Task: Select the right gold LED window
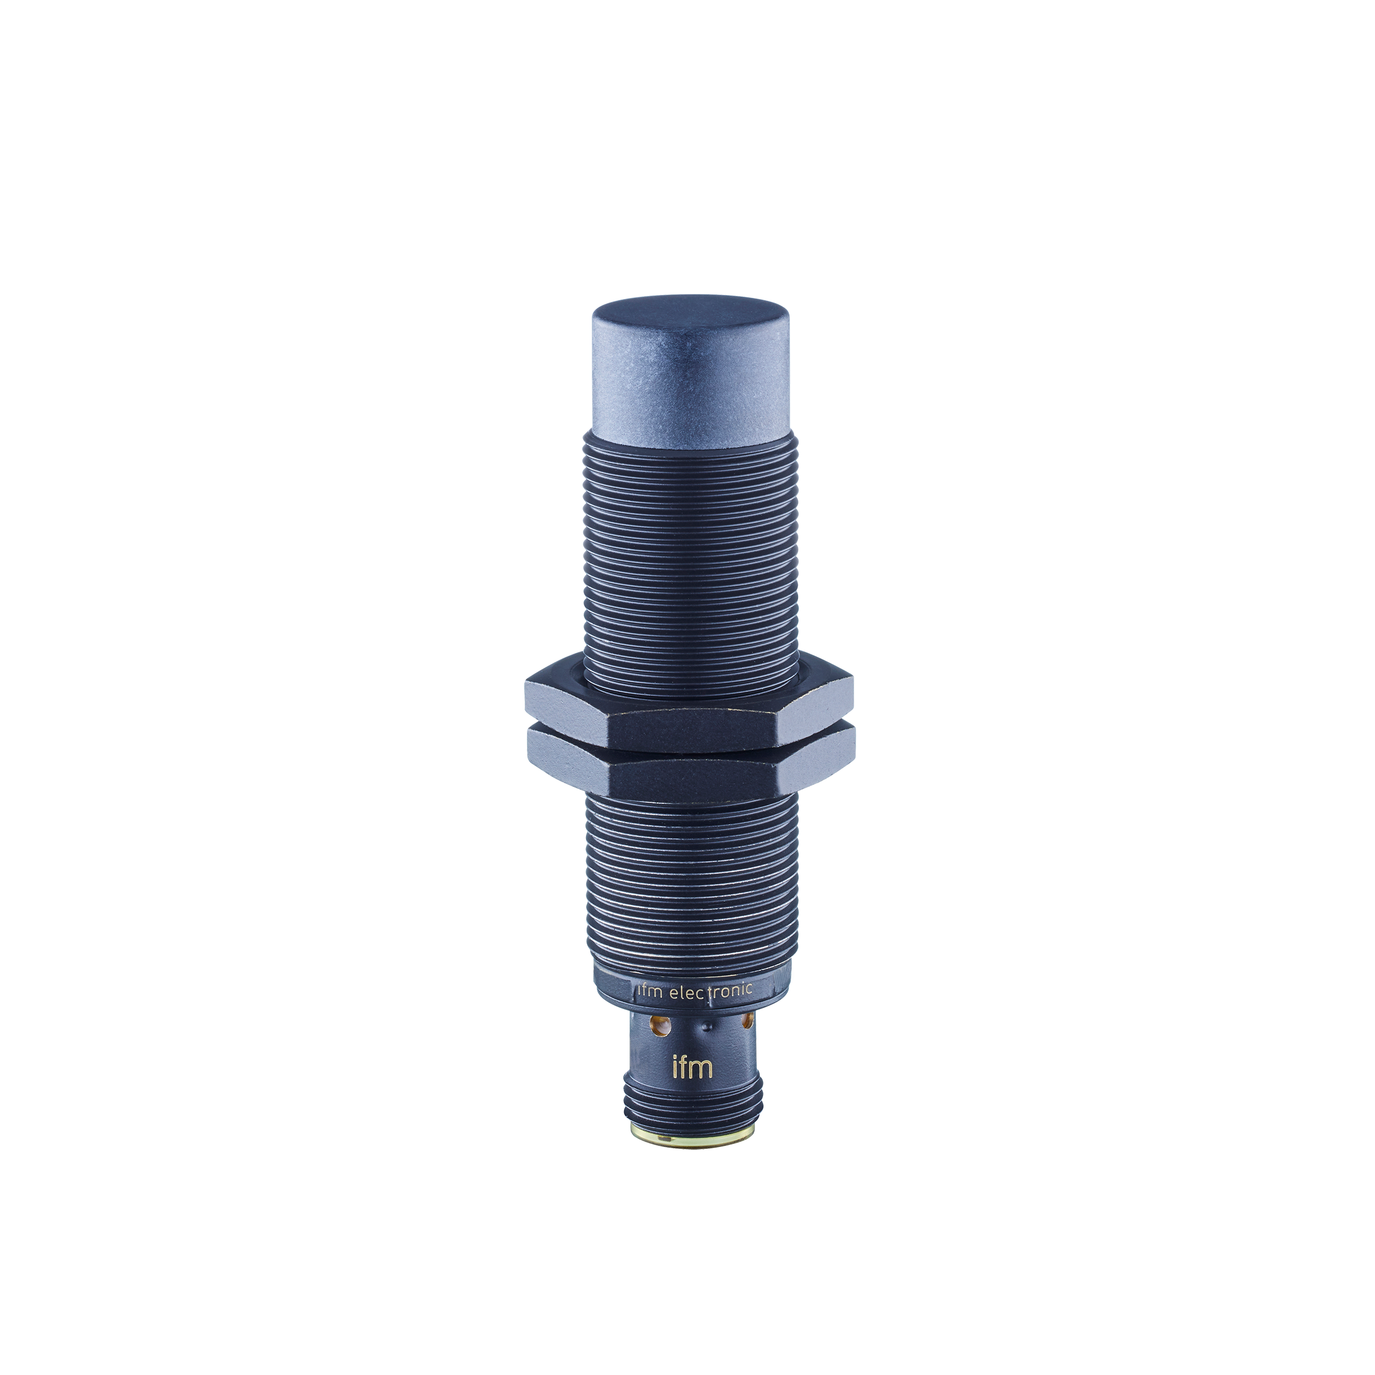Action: point(747,1022)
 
